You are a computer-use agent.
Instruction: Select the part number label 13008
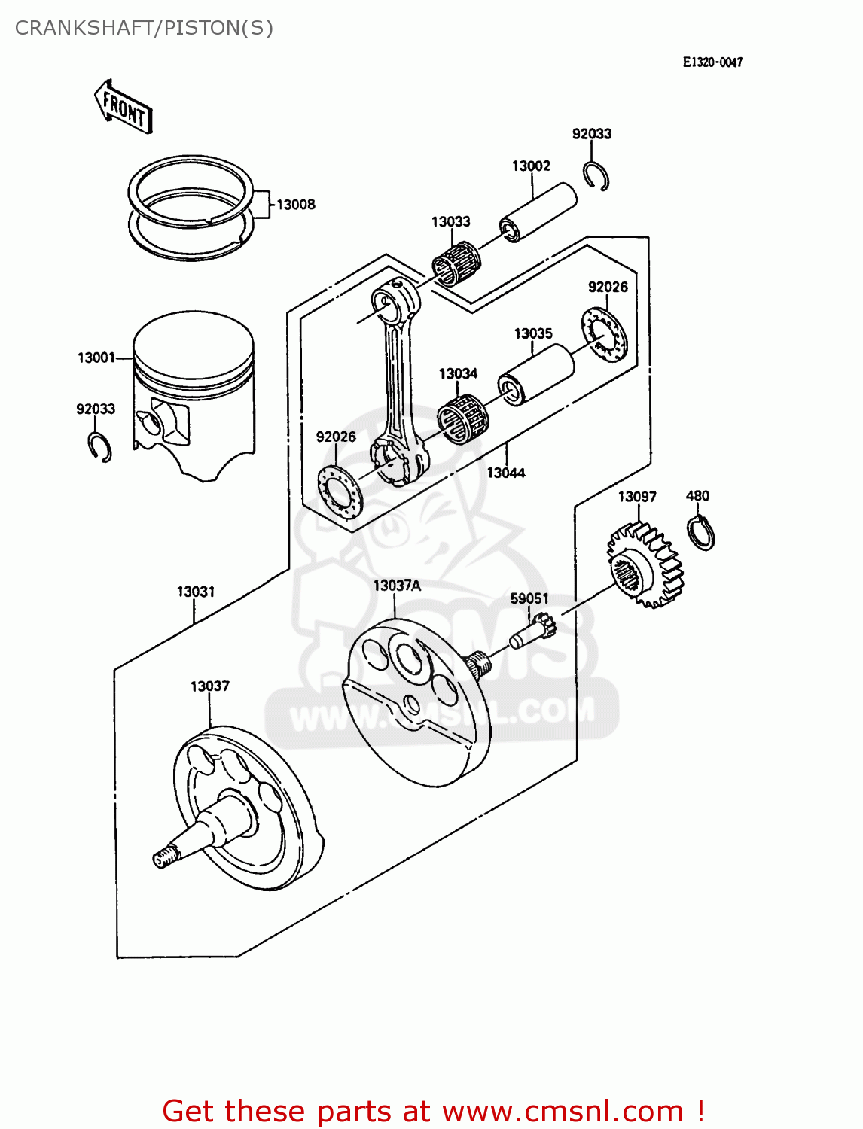coord(295,205)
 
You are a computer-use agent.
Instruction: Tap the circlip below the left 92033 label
coord(99,447)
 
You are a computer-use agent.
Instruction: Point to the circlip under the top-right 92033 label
coord(596,177)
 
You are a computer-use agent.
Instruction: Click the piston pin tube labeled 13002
coord(538,211)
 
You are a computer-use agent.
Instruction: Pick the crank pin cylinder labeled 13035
coord(536,374)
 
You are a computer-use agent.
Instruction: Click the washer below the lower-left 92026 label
coord(340,492)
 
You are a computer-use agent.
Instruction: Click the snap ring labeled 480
coord(701,533)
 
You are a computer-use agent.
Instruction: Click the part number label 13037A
coord(397,586)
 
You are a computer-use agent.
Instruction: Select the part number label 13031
coord(196,592)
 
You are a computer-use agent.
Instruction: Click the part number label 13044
coord(505,473)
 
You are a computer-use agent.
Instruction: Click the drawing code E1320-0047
coord(712,62)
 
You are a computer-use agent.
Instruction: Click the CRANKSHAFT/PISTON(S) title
coord(144,28)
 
